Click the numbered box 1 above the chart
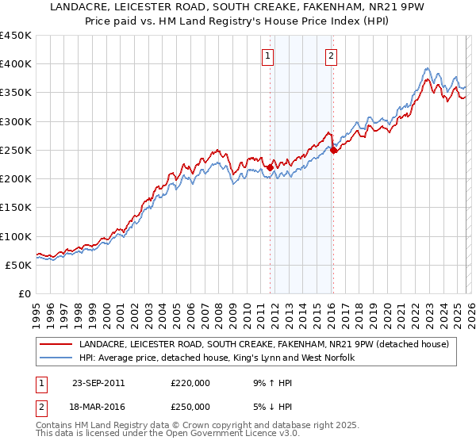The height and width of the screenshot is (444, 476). (268, 55)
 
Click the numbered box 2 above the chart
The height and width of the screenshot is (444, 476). (331, 55)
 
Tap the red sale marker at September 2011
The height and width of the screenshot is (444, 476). (271, 167)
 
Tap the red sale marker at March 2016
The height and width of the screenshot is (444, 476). (333, 150)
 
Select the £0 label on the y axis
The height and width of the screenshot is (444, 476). (25, 293)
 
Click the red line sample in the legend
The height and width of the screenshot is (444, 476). (56, 344)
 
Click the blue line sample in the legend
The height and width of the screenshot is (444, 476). (56, 358)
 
